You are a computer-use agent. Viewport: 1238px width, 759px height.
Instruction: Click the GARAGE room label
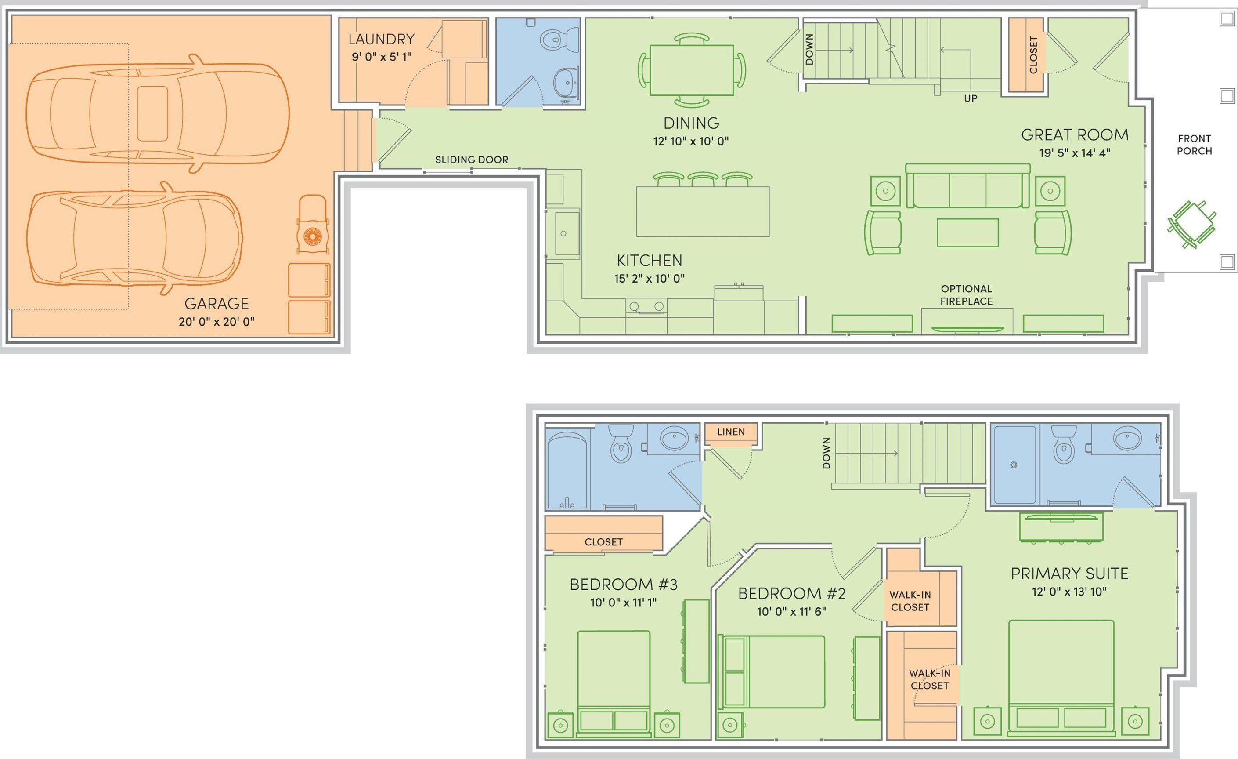point(216,304)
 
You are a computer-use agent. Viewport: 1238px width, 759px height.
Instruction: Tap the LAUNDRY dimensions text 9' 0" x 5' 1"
point(381,57)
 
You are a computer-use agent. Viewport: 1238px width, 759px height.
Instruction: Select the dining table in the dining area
point(691,70)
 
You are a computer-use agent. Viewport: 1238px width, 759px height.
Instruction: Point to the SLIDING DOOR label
point(471,160)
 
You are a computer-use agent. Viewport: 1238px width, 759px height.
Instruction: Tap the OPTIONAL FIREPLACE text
point(966,295)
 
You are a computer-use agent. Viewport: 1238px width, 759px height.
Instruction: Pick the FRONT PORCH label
point(1194,145)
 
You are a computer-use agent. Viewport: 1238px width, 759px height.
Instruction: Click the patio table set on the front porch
point(1191,224)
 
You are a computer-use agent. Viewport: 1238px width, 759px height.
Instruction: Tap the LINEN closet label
point(730,432)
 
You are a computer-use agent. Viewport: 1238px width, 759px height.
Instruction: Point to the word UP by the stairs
point(970,98)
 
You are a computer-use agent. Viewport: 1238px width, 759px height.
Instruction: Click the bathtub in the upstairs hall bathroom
point(567,468)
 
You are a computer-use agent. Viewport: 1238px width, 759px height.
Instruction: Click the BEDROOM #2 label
point(791,594)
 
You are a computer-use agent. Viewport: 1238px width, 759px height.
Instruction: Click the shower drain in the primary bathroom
point(1014,465)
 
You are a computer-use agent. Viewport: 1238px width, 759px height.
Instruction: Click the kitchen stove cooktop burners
point(646,306)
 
